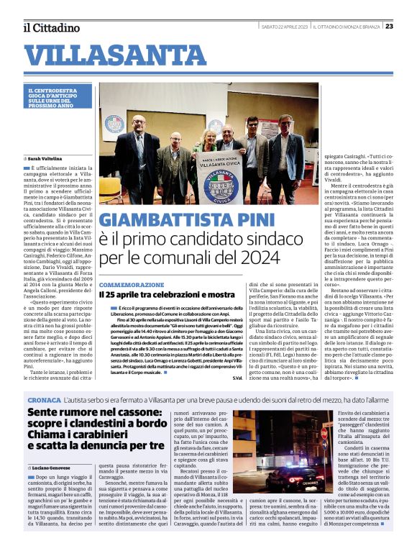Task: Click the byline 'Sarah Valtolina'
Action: [46, 158]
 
